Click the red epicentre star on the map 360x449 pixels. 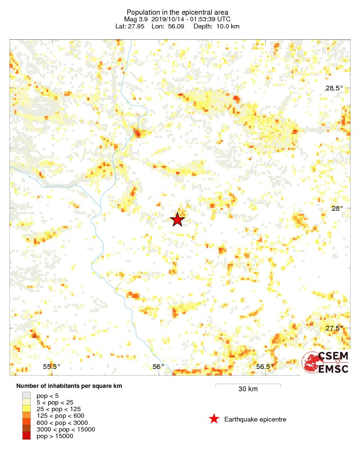pos(177,220)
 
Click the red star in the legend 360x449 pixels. pos(214,419)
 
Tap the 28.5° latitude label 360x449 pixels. pos(333,88)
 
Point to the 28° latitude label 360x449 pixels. pos(337,208)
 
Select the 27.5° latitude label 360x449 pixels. pos(333,328)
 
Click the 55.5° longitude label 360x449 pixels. pos(52,366)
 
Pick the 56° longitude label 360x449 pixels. pos(158,366)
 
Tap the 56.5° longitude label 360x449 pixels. pos(265,366)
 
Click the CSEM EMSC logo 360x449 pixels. pos(326,362)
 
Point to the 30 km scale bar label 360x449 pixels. pos(248,389)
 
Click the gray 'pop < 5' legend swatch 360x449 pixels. pos(27,395)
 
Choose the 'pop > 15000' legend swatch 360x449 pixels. pos(27,436)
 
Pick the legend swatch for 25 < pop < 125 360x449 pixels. pos(27,408)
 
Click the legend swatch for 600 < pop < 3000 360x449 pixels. pos(27,422)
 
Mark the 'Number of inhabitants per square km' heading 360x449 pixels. pos(69,386)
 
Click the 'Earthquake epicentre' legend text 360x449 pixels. pos(255,419)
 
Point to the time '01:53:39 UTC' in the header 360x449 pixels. pos(207,19)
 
